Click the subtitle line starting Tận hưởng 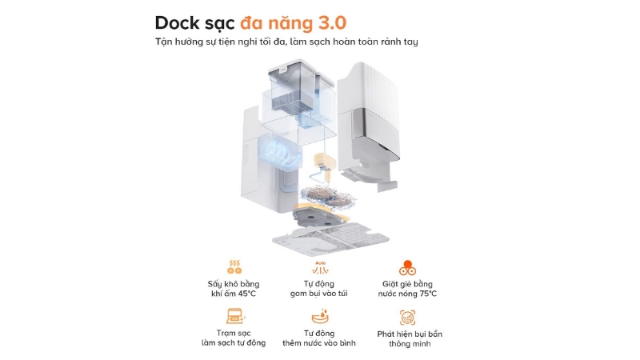pos(298,42)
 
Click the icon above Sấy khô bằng pos(235,268)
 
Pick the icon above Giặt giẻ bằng pos(409,268)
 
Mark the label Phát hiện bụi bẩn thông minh pos(409,338)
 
